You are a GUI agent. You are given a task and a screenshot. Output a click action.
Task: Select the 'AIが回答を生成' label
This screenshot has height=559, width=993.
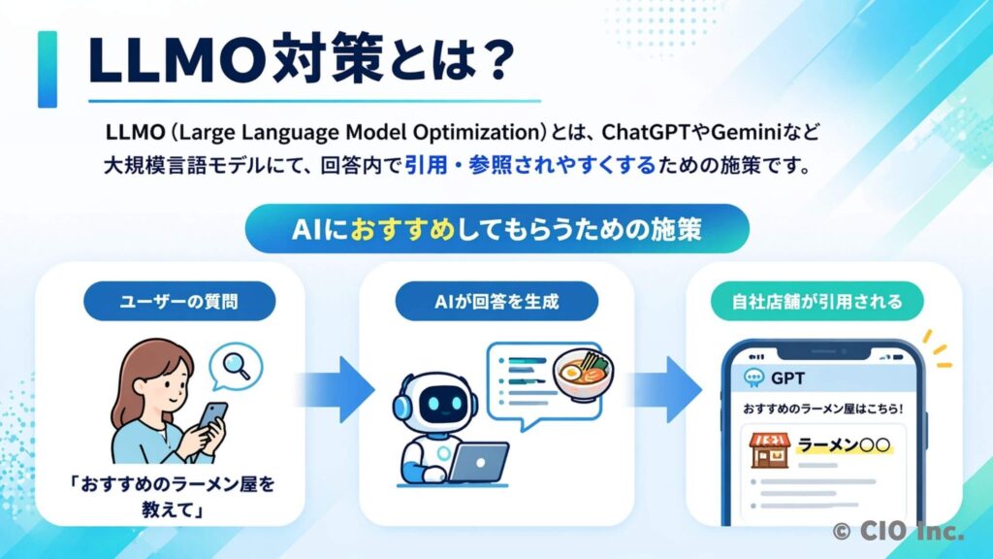pyautogui.click(x=496, y=301)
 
